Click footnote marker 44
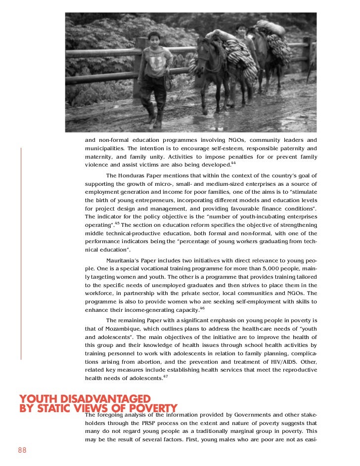pyautogui.click(x=233, y=163)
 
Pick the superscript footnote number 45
pyautogui.click(x=117, y=223)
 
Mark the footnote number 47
pyautogui.click(x=166, y=377)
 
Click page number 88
pyautogui.click(x=22, y=450)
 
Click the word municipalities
pyautogui.click(x=104, y=148)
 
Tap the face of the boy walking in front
pyautogui.click(x=154, y=39)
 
